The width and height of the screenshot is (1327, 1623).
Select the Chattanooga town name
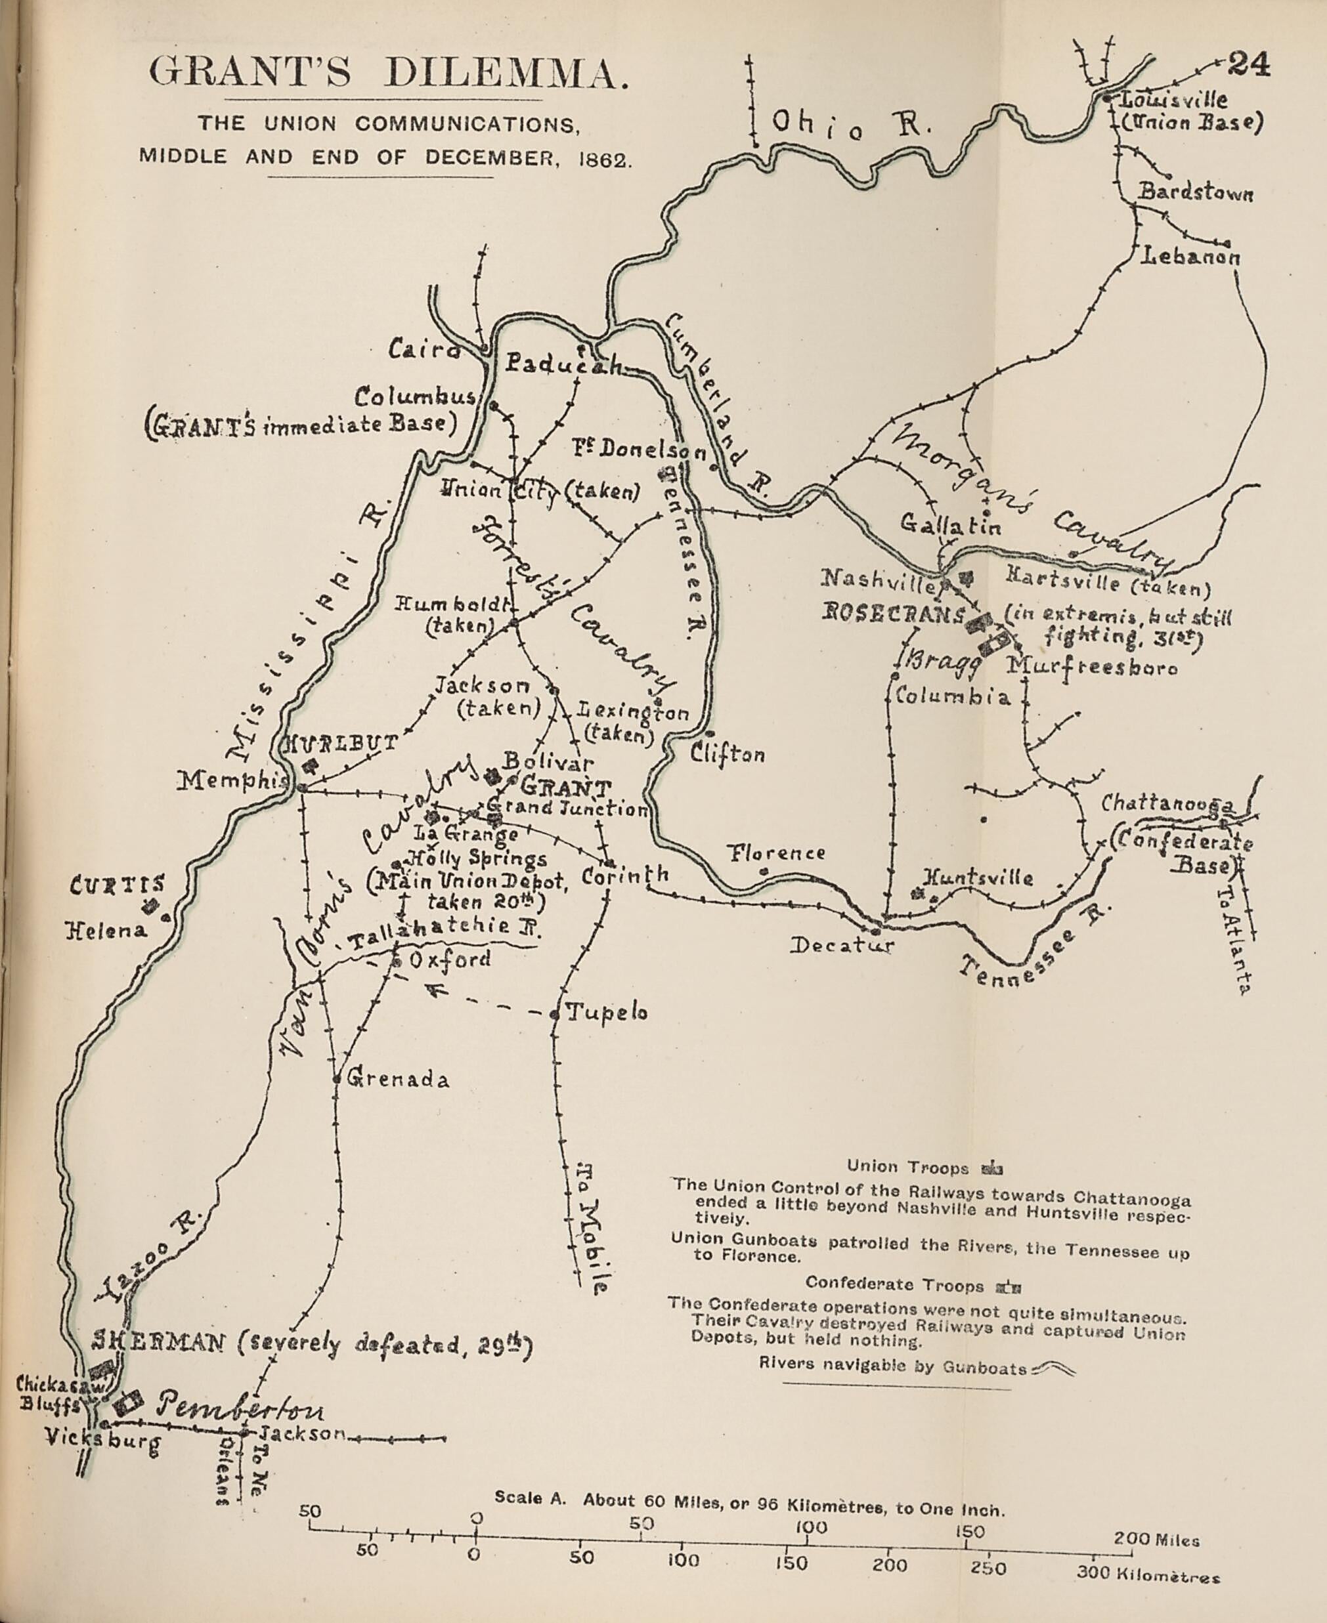tap(1167, 803)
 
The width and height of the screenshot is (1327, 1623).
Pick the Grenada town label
tap(397, 1079)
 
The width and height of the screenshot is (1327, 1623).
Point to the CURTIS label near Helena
tap(117, 885)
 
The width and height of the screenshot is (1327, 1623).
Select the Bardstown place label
tap(1196, 192)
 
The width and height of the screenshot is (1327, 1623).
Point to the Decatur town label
tap(841, 945)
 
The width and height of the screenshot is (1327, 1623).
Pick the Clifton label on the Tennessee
tap(727, 754)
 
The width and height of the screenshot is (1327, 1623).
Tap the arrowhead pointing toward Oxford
tap(438, 992)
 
